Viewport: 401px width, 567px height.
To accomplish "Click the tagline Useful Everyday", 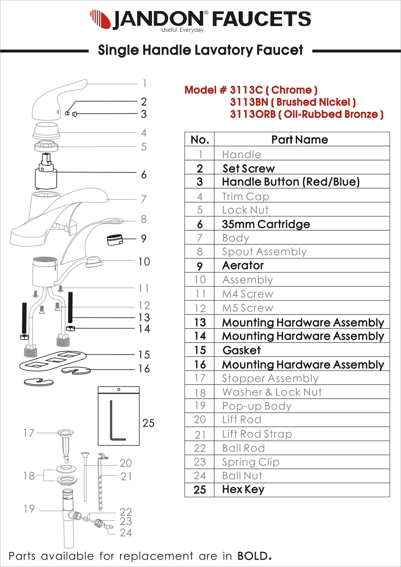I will click(x=182, y=30).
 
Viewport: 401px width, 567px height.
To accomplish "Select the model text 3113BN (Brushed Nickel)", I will click(x=292, y=102).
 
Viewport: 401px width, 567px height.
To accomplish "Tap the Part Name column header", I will click(x=299, y=139).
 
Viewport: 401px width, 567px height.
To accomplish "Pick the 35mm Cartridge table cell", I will click(x=266, y=224).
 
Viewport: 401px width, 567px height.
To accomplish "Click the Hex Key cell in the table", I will click(x=243, y=489).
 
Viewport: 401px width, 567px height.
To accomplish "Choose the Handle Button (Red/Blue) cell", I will click(x=291, y=182).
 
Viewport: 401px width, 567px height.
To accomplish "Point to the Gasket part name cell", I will click(x=241, y=350).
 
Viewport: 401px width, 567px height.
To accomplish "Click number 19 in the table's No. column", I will click(x=200, y=406).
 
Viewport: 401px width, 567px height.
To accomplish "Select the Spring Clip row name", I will click(x=251, y=462).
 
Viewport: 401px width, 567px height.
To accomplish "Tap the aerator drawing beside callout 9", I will click(x=115, y=240).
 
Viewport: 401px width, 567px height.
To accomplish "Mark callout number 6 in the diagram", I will click(x=143, y=175).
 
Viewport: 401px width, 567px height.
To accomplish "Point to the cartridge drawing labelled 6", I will click(x=46, y=173).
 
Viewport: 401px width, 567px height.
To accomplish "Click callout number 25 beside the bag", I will click(x=148, y=423).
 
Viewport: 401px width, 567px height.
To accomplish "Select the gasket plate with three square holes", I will click(x=53, y=361).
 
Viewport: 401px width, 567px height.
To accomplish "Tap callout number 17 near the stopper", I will click(x=29, y=433).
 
